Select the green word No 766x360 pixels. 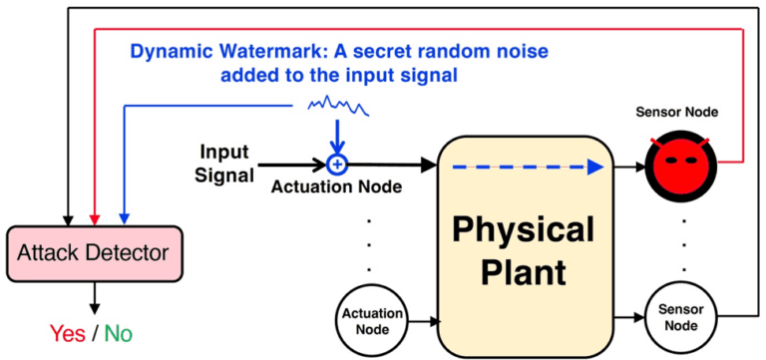(117, 332)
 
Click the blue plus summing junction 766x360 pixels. (337, 163)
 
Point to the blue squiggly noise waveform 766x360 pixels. (339, 104)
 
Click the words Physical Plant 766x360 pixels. (525, 250)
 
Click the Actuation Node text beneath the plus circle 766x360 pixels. (337, 186)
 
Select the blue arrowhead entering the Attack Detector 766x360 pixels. (124, 216)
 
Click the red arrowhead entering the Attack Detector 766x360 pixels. (95, 216)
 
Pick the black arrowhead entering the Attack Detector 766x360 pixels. (67, 216)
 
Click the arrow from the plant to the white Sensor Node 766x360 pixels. (627, 317)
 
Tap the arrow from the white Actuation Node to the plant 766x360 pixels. (425, 321)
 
